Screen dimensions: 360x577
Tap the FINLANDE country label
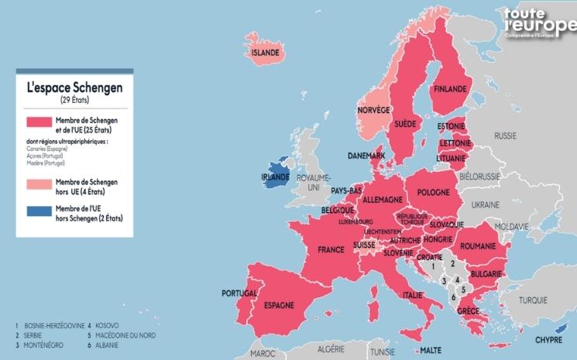point(449,89)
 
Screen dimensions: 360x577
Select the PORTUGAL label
point(239,293)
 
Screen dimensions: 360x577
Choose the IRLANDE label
point(275,177)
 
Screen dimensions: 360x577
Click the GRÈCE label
point(467,311)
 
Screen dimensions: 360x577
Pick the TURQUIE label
point(533,300)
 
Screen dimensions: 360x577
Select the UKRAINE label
point(486,205)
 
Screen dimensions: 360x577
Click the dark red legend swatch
point(38,123)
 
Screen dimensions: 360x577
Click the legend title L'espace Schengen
point(74,88)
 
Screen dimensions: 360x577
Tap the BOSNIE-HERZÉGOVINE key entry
point(50,326)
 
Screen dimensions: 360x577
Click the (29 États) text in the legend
point(74,101)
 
